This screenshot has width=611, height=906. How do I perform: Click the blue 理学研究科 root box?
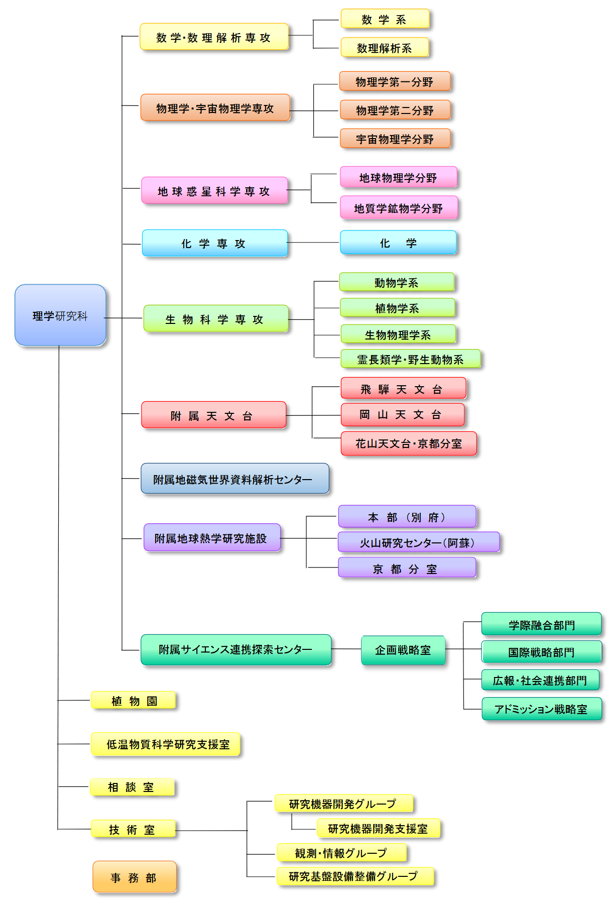[60, 315]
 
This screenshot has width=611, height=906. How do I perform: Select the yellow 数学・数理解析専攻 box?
[214, 37]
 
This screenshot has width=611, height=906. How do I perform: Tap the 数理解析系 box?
[385, 48]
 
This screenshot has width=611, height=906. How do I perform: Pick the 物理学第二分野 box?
[395, 110]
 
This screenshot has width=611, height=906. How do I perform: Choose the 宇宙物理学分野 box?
[395, 139]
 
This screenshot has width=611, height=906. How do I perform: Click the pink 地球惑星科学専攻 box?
[214, 191]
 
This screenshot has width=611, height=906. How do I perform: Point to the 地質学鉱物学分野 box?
[399, 208]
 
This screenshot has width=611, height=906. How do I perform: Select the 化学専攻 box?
[214, 244]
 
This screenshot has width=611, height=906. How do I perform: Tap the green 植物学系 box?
[397, 308]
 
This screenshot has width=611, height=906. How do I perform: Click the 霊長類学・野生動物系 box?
[410, 359]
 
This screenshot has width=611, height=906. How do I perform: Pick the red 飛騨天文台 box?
[403, 389]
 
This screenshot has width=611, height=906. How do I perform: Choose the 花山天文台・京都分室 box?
[408, 443]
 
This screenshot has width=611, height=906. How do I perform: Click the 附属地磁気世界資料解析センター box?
[234, 479]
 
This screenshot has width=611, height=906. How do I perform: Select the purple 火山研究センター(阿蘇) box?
[418, 542]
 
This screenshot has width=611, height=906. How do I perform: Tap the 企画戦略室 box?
[403, 650]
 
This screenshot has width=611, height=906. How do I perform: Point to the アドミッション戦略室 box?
[541, 709]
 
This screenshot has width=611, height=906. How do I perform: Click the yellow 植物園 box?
[134, 701]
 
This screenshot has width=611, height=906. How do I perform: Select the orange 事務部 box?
[135, 877]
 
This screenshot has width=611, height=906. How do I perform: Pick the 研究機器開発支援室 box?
[378, 829]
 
